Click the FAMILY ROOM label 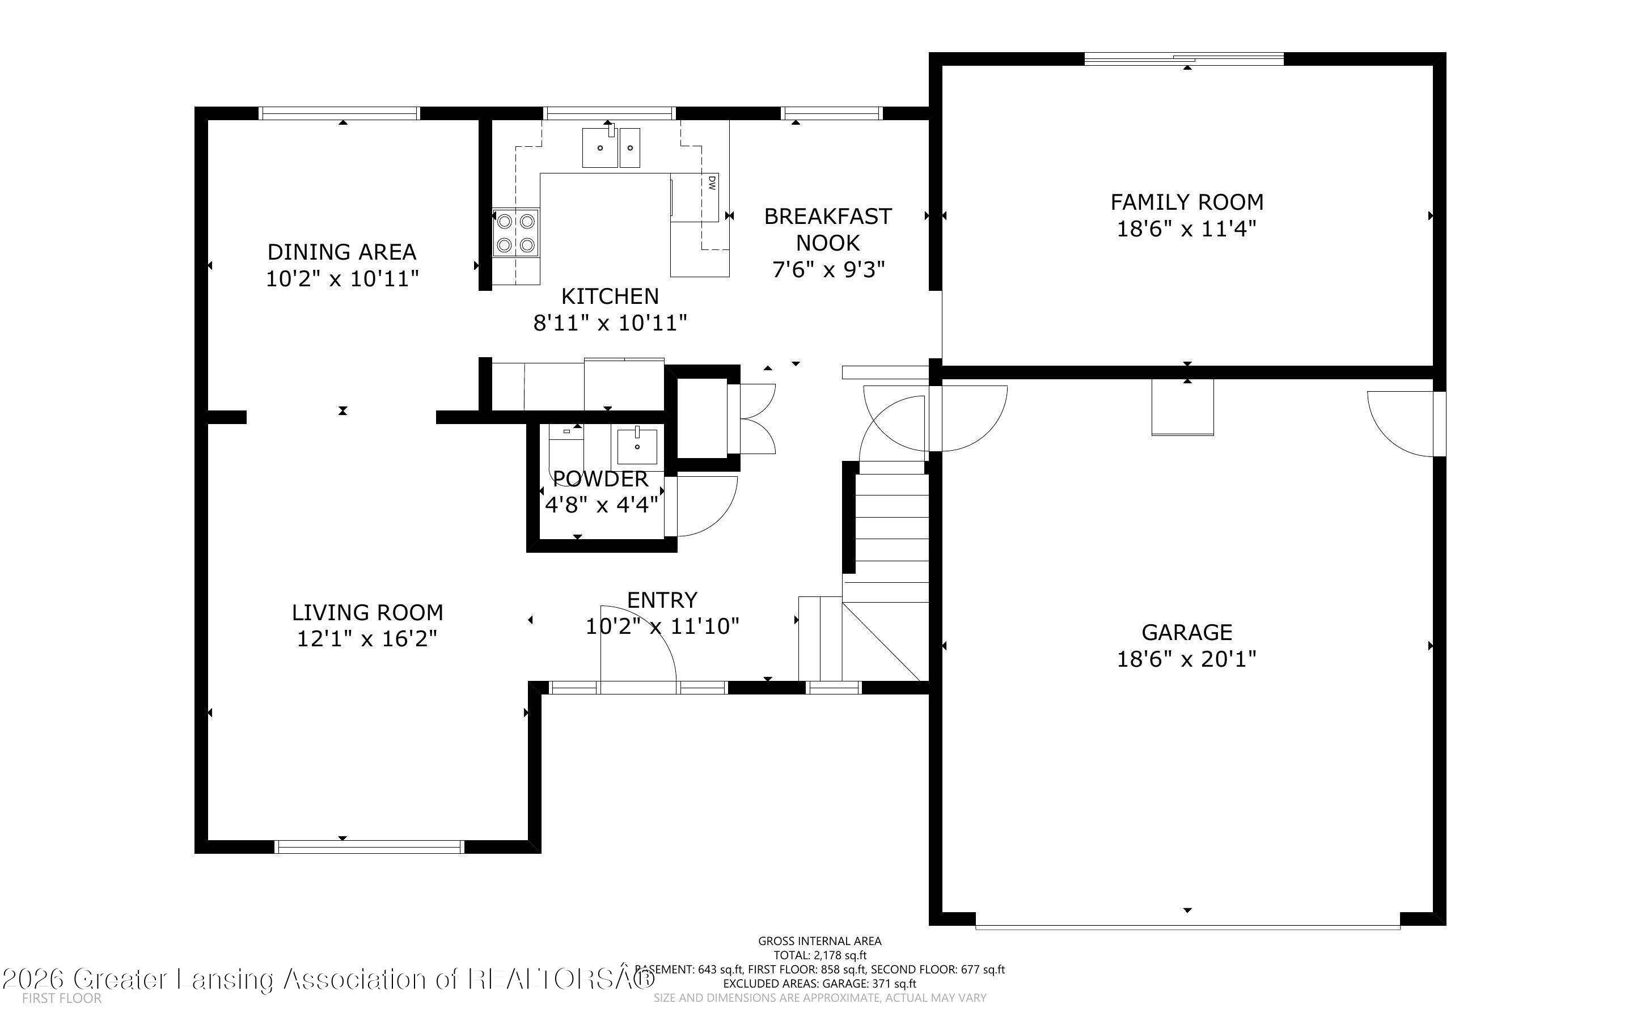click(x=1186, y=202)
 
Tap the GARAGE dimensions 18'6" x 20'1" click(x=1186, y=659)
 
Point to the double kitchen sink click(x=611, y=148)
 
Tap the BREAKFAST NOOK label click(x=828, y=229)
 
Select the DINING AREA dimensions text click(x=342, y=278)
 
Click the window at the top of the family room click(x=1183, y=59)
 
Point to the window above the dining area click(x=340, y=113)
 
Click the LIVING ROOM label click(x=367, y=613)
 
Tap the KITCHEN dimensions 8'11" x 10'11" click(x=610, y=323)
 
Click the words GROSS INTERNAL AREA click(x=819, y=941)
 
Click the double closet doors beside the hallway click(x=756, y=419)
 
